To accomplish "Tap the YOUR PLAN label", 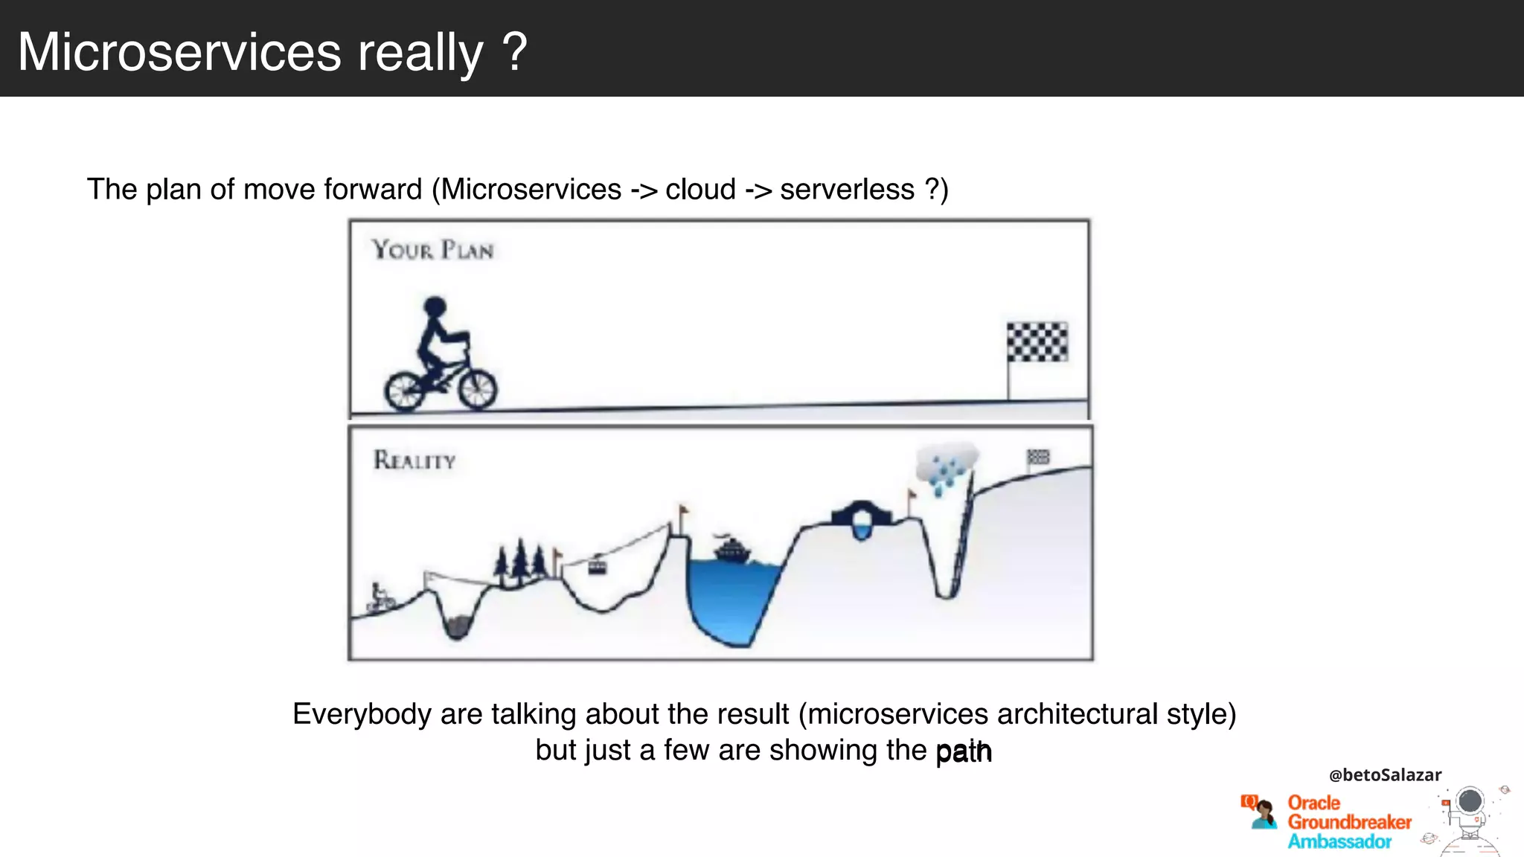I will pyautogui.click(x=432, y=250).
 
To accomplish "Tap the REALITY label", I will pyautogui.click(x=414, y=460).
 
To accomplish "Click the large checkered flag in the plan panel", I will pyautogui.click(x=1037, y=342).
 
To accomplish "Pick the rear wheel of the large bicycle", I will pyautogui.click(x=405, y=391).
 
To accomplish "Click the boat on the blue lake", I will pyautogui.click(x=732, y=551).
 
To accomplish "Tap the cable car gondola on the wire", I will pyautogui.click(x=598, y=567).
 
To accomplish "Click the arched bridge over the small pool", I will pyautogui.click(x=861, y=515).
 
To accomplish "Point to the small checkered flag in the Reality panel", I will pyautogui.click(x=1038, y=457).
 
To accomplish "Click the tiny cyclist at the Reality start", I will pyautogui.click(x=380, y=597).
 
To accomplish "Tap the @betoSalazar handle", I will pyautogui.click(x=1385, y=775).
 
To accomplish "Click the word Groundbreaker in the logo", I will pyautogui.click(x=1349, y=822).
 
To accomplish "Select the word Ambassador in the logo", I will pyautogui.click(x=1339, y=841).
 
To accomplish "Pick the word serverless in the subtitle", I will pyautogui.click(x=847, y=190).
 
